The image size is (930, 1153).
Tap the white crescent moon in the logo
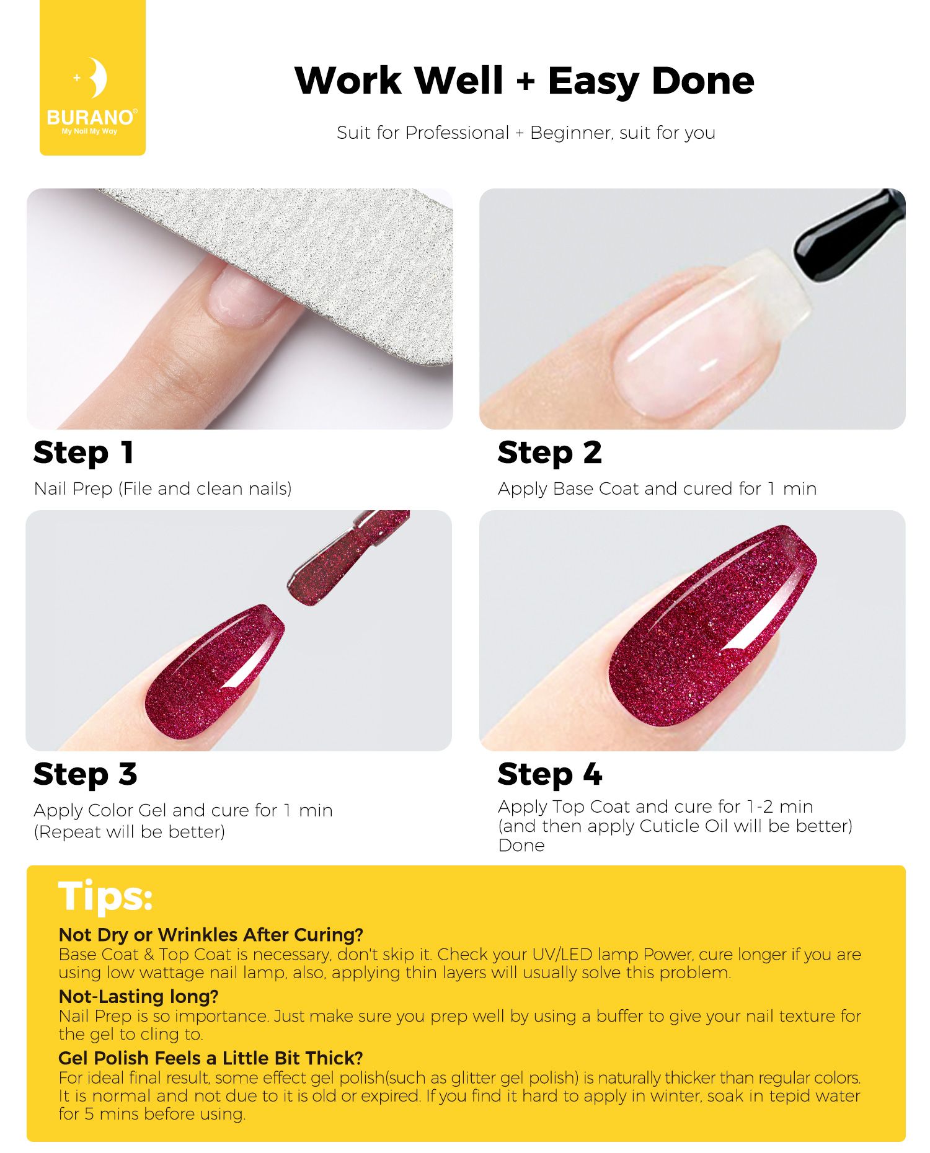pos(98,77)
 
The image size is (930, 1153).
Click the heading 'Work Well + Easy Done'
pos(525,81)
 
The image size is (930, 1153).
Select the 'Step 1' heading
pos(83,453)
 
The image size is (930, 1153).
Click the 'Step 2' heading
pos(549,453)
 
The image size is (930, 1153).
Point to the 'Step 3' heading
pos(85,774)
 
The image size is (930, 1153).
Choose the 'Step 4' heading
pos(550,774)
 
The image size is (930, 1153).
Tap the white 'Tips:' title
pos(105,896)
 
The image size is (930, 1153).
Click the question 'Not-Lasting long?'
pos(138,996)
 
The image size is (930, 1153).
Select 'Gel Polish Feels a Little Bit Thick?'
pos(211,1058)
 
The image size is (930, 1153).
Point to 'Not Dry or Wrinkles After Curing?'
pos(211,935)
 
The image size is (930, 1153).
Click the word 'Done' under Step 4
pos(521,846)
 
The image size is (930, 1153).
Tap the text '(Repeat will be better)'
pos(130,832)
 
